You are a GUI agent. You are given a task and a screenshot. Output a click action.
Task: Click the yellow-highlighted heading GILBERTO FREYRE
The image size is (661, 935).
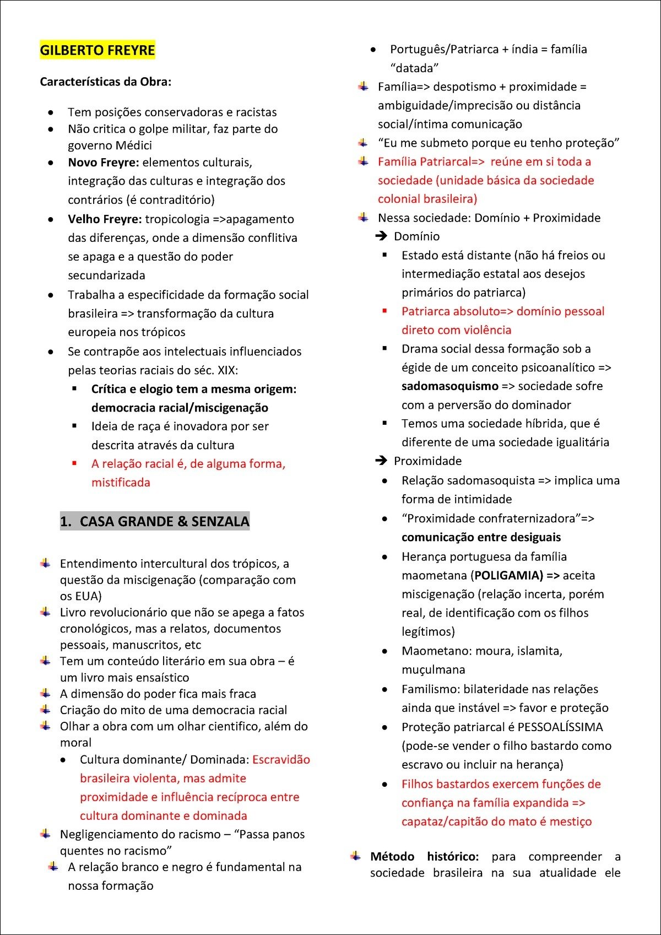tap(97, 50)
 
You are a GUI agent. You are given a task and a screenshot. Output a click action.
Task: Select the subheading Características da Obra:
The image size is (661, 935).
tap(105, 82)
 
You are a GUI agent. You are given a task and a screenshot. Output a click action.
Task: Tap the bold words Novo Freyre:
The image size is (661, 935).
tap(103, 163)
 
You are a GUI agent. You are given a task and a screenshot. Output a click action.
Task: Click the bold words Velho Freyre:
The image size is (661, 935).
tap(105, 219)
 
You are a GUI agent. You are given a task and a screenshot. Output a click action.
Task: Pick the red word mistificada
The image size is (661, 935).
tap(121, 483)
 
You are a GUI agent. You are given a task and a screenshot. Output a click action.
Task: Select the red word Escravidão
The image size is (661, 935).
tap(281, 760)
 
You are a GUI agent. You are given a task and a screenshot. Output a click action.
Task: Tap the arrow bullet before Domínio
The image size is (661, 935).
tap(381, 236)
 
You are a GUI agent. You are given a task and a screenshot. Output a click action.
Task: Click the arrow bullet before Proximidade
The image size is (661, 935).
tap(381, 461)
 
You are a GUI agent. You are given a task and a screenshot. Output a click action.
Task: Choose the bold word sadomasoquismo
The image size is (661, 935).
tap(449, 386)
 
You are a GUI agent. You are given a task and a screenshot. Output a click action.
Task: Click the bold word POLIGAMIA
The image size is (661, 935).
tap(507, 576)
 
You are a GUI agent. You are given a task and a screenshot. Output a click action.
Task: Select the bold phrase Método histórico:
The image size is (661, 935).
tap(424, 857)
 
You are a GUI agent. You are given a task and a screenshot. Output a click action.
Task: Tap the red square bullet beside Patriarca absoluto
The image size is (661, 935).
tap(385, 311)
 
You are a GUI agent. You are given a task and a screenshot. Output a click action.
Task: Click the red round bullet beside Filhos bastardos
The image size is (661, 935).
tap(384, 785)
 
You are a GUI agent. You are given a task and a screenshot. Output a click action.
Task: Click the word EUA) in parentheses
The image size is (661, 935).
tap(89, 596)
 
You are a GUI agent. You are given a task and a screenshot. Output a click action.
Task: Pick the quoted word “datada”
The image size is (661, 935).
tap(414, 68)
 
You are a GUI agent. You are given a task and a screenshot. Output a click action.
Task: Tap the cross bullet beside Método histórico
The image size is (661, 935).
tap(356, 856)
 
